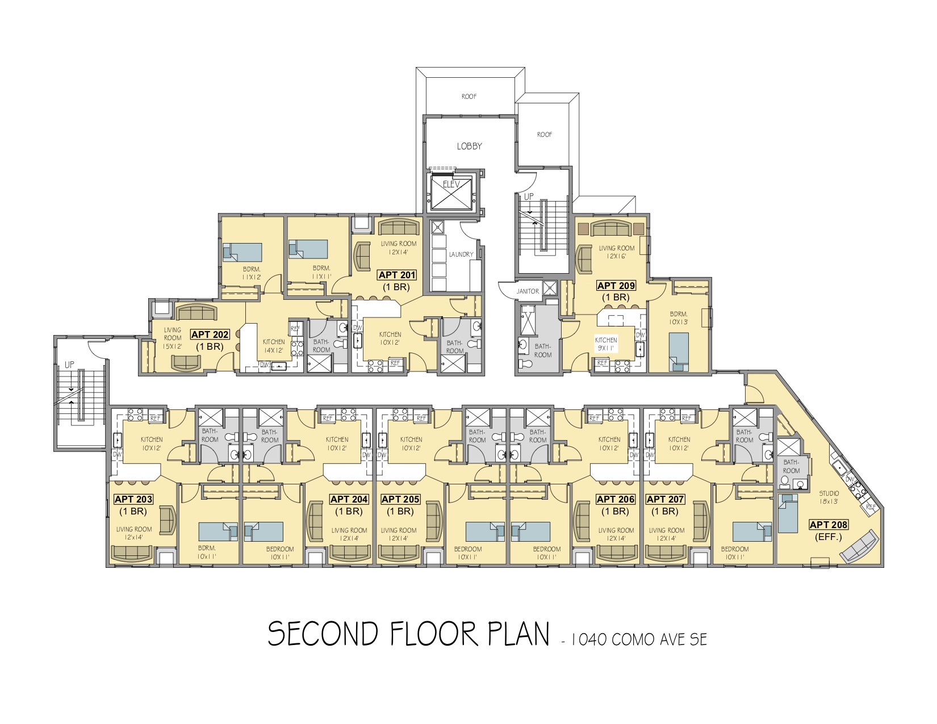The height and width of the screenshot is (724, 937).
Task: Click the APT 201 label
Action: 397,275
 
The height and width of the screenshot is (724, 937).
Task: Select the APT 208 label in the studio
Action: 829,525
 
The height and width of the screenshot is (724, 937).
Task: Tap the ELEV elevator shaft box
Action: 451,192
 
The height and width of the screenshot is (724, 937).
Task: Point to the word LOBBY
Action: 469,146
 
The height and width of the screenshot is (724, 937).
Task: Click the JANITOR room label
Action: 528,291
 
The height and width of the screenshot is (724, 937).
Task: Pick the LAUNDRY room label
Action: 461,254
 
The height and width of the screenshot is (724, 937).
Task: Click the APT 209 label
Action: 616,286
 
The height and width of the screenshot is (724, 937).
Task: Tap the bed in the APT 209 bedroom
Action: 679,352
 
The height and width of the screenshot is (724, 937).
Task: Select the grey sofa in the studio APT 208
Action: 859,546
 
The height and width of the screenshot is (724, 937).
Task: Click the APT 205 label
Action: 400,499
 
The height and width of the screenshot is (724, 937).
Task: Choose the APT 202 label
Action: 210,334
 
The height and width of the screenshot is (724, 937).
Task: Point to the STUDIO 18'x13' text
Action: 829,497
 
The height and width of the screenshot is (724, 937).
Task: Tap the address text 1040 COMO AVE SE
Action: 639,639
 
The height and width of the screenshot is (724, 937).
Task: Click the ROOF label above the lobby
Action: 468,97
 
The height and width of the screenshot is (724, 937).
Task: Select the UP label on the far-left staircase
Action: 69,365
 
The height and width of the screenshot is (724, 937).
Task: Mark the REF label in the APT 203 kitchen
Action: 155,419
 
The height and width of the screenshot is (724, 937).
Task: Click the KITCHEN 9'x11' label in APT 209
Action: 606,344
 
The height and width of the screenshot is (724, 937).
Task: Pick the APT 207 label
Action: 665,499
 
